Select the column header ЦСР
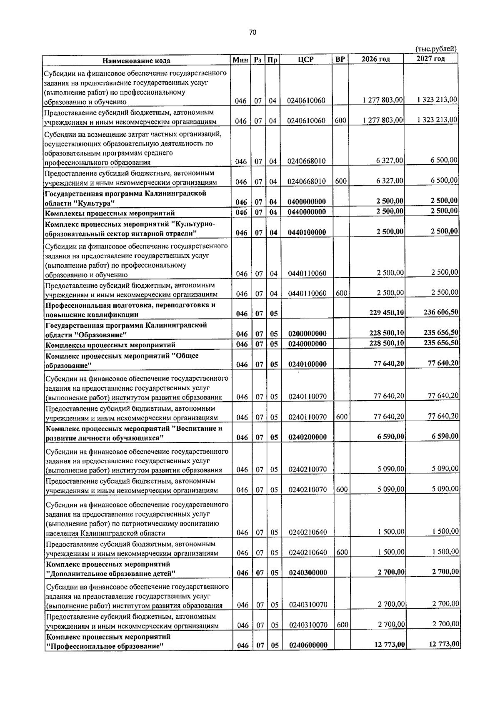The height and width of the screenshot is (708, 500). pos(305,60)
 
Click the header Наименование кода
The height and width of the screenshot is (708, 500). pos(137,60)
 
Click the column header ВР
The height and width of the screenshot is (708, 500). pos(340,59)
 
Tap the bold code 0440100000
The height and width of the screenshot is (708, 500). pos(307,233)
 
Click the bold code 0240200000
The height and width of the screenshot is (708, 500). pos(307,437)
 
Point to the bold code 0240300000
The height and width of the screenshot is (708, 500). pos(308,572)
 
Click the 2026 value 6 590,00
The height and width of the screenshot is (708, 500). pos(391,437)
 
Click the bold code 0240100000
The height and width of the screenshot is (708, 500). pos(307,364)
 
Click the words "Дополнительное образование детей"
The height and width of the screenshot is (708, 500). pos(111,574)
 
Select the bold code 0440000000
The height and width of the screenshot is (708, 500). pos(307,212)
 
